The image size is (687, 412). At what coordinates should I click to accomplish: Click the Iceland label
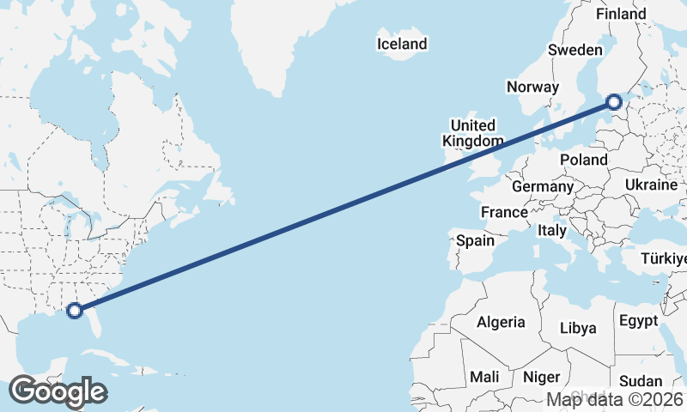click(402, 44)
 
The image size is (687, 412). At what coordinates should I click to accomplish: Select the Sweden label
click(575, 51)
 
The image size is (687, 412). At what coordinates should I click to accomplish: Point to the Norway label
click(532, 87)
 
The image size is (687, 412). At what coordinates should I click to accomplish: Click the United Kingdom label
click(473, 133)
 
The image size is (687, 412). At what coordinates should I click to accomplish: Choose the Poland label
click(583, 160)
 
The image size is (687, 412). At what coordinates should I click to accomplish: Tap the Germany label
click(542, 186)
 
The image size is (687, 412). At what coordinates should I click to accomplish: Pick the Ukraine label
click(651, 185)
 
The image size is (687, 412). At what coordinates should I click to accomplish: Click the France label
click(504, 212)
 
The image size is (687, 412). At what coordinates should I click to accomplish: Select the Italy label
click(552, 231)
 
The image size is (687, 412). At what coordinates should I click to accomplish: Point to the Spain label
click(475, 241)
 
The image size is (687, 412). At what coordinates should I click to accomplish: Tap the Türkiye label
click(664, 259)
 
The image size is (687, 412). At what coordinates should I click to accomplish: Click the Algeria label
click(501, 322)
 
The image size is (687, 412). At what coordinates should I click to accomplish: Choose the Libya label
click(577, 328)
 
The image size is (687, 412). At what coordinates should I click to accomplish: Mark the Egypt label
click(637, 321)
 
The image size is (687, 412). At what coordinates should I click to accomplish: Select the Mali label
click(484, 377)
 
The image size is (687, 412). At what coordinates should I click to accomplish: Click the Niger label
click(541, 377)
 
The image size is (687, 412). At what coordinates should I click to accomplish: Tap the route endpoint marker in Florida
click(75, 311)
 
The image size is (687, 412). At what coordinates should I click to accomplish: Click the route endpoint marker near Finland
click(614, 102)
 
